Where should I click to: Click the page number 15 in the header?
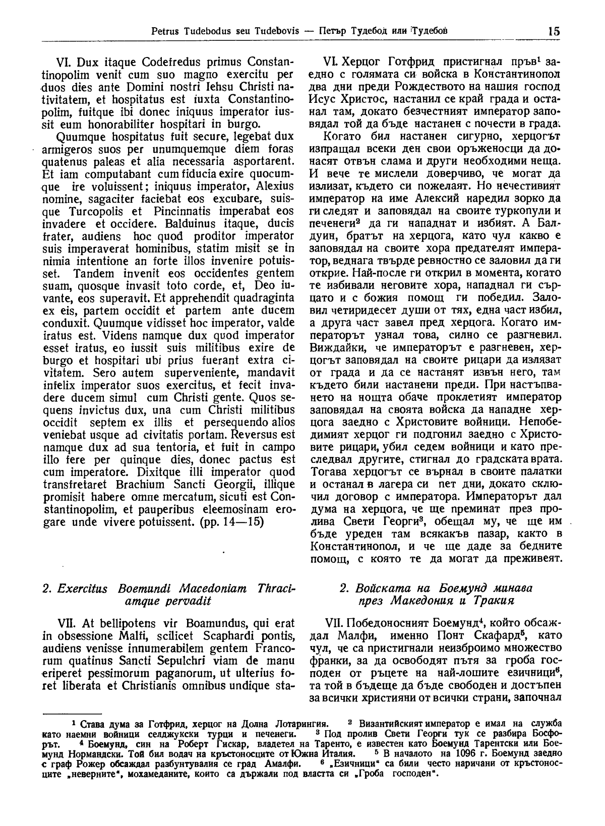pyautogui.click(x=553, y=31)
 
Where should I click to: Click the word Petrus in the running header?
pyautogui.click(x=166, y=32)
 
